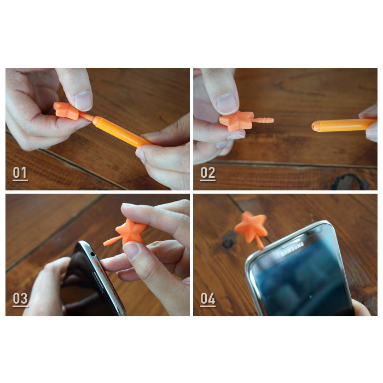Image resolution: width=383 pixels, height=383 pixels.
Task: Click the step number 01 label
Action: pos(20,173)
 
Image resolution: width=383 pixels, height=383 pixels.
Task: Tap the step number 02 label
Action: pos(207,173)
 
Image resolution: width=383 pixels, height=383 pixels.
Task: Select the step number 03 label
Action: pos(20,299)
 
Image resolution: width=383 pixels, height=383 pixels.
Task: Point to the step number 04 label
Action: pos(207,299)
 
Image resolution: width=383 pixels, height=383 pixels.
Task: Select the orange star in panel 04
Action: pos(251,225)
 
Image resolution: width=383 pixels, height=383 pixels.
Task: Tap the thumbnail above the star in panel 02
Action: pos(226,102)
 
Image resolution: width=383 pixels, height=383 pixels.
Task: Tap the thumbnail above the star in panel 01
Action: pos(83,100)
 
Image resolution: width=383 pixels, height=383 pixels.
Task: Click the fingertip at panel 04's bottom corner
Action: pos(360,307)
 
